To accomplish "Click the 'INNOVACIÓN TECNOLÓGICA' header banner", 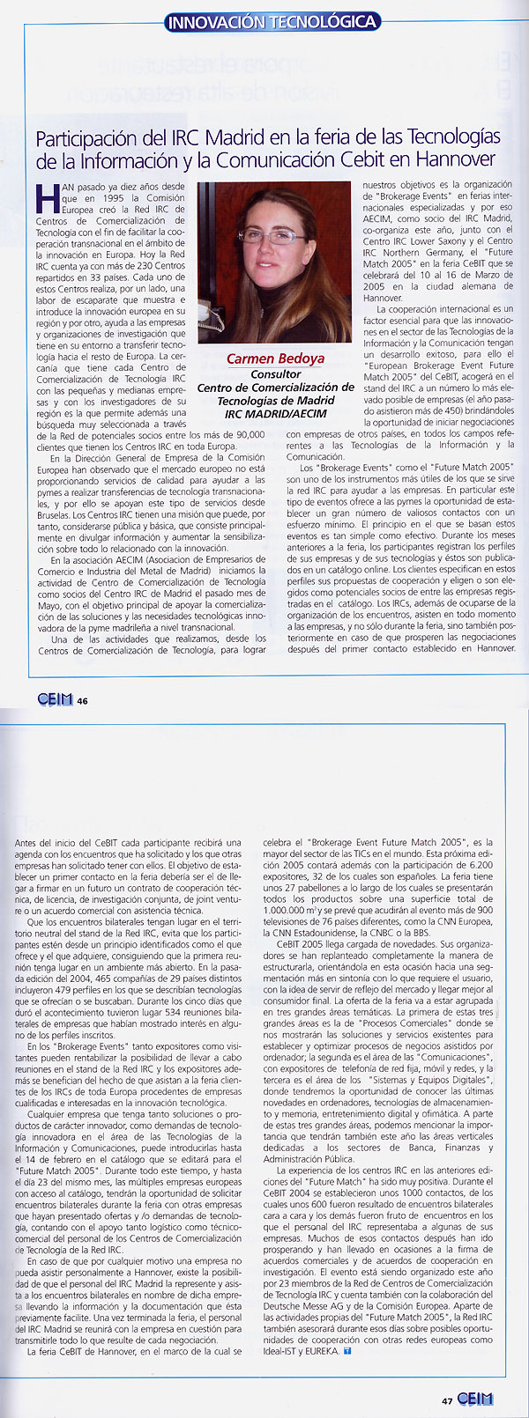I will coord(272,21).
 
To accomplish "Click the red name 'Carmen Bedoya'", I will coord(275,358).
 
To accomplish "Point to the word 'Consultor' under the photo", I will coord(276,373).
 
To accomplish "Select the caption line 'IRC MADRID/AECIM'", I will coord(276,413).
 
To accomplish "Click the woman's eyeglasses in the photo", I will coord(252,238).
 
